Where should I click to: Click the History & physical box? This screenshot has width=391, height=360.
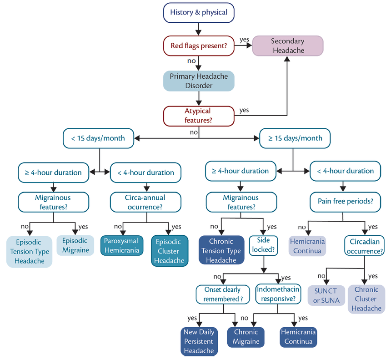[199, 12]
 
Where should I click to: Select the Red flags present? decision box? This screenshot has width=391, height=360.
[199, 46]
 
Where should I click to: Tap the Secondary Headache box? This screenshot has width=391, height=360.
[288, 46]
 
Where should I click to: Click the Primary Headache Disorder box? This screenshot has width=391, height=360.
[199, 81]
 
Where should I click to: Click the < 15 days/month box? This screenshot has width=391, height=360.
[98, 138]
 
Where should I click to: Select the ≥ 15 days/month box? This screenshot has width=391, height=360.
[294, 138]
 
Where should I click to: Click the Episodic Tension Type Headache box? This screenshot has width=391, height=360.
[29, 252]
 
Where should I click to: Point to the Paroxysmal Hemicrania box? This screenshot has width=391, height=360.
[121, 245]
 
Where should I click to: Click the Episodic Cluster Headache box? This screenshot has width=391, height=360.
[169, 251]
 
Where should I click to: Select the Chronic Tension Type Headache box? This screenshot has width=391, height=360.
[221, 250]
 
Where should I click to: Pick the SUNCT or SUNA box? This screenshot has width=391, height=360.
[326, 294]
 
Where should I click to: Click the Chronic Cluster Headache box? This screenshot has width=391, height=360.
[366, 299]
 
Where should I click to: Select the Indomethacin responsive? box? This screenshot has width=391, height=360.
[278, 294]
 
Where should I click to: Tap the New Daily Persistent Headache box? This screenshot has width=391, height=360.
[199, 341]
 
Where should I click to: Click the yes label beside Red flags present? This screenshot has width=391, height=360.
[244, 39]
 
